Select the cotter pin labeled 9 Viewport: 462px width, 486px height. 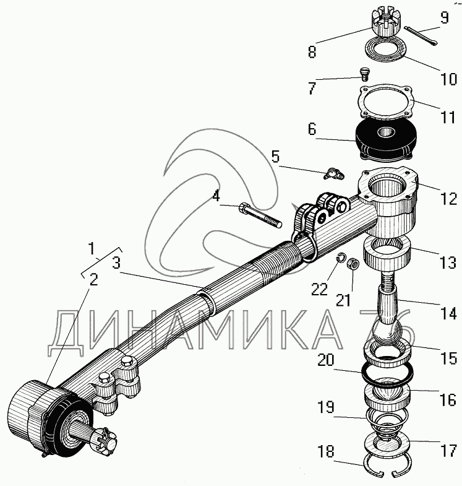421,36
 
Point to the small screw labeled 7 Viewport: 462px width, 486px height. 365,75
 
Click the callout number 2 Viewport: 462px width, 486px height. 93,280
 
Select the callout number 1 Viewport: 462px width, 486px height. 92,249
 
